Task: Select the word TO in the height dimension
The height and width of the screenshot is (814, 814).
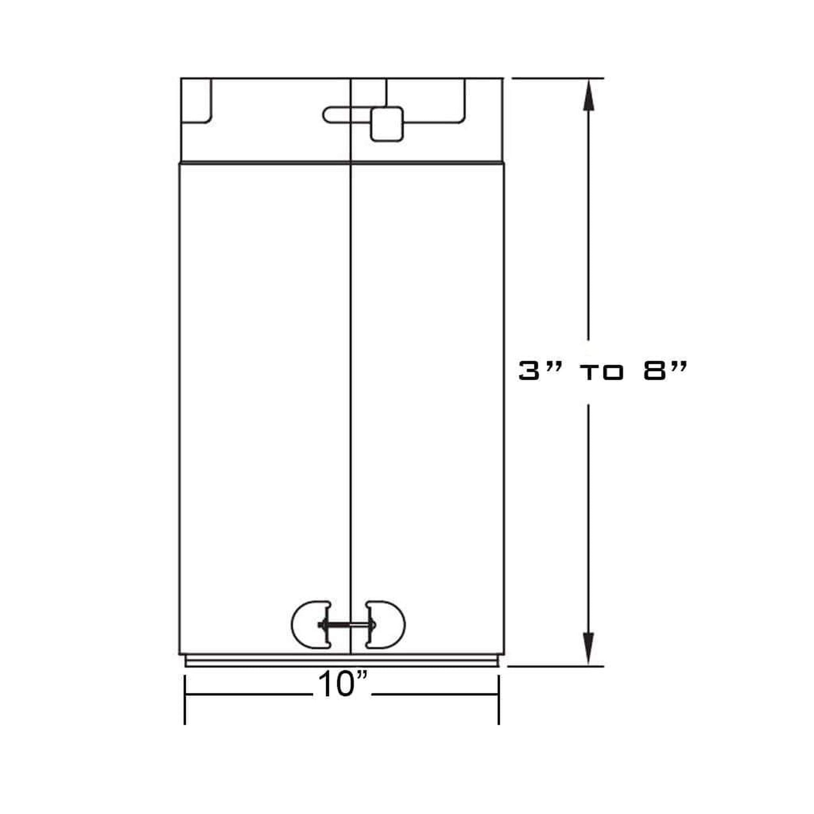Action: (602, 373)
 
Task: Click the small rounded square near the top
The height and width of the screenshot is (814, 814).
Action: (387, 124)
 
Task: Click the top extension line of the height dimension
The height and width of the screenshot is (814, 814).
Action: (556, 78)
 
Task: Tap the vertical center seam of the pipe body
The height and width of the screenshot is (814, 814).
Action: (351, 379)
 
